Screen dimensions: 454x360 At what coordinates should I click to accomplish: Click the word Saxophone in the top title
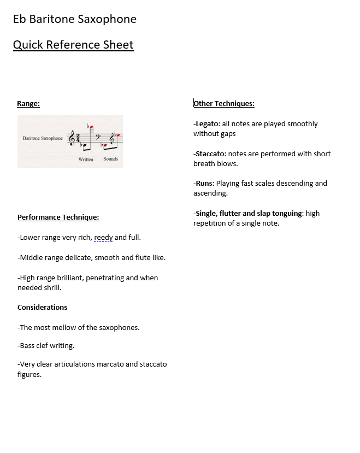point(107,20)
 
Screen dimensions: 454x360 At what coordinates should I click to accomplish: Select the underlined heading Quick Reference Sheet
point(73,45)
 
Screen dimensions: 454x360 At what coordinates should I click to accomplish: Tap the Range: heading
point(28,103)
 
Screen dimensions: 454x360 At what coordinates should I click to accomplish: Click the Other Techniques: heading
point(224,103)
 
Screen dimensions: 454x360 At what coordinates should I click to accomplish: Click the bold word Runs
point(204,184)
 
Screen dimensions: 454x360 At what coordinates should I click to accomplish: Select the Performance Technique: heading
point(58,217)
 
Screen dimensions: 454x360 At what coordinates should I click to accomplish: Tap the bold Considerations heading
point(42,307)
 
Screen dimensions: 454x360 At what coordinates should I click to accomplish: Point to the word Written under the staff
point(86,159)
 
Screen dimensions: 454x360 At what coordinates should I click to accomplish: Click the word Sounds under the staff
point(110,159)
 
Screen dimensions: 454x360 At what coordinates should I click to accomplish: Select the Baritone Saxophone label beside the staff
point(43,138)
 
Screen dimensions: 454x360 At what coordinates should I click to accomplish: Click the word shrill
point(52,287)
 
